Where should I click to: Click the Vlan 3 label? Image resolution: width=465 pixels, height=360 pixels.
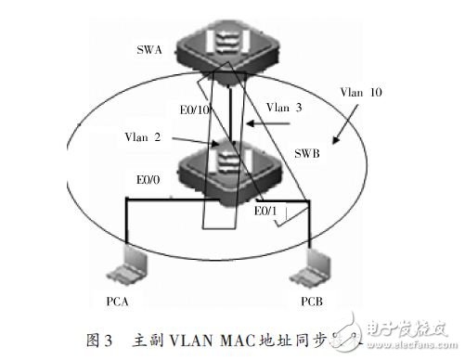click(x=288, y=108)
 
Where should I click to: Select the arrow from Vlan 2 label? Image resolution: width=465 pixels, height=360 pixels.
click(x=195, y=140)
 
